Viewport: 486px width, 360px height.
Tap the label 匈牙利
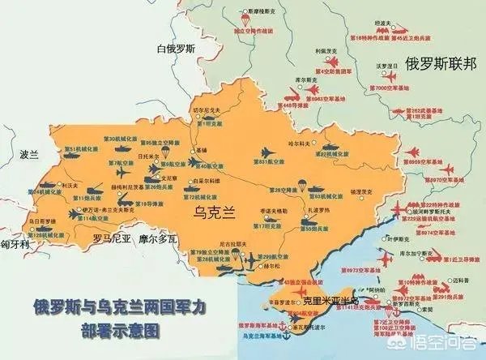click(15, 243)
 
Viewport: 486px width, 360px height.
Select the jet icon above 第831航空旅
click(266, 151)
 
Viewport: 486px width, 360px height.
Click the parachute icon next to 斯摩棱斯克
click(241, 15)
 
